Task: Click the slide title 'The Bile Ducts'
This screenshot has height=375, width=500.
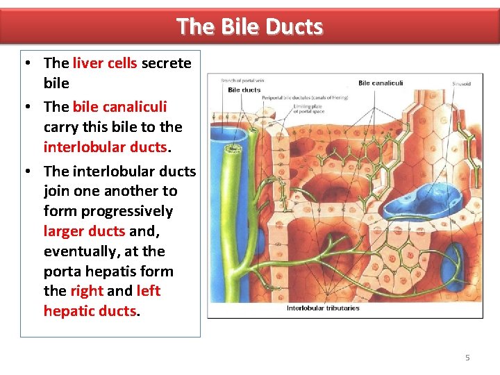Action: [249, 26]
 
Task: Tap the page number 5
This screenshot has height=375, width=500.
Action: [467, 357]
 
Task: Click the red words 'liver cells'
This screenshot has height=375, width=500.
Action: [105, 63]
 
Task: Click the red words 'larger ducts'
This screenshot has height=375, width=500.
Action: [84, 231]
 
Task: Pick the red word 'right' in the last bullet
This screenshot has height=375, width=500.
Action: [86, 291]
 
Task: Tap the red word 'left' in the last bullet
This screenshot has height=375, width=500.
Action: [148, 291]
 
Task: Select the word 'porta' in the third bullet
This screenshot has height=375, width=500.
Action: [62, 271]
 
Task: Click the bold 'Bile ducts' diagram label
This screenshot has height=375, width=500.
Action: [244, 90]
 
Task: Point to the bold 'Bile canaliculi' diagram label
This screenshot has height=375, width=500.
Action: [380, 83]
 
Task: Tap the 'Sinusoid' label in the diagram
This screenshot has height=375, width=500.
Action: [461, 83]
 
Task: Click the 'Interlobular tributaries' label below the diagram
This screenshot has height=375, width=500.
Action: [323, 308]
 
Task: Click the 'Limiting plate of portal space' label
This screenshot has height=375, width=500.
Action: [308, 108]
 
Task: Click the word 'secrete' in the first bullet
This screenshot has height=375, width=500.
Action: [166, 63]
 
